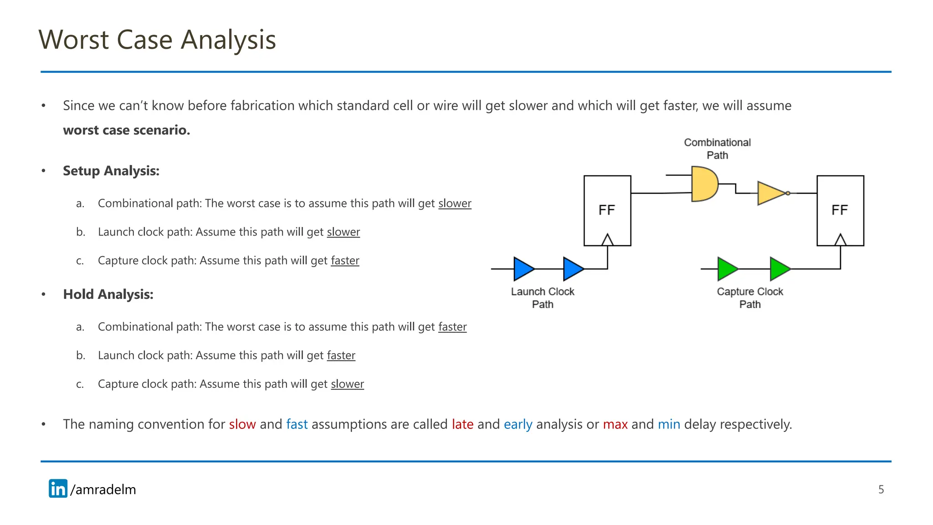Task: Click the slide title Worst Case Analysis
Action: [x=157, y=40]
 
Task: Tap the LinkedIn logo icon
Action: [x=58, y=489]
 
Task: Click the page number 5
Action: [x=881, y=489]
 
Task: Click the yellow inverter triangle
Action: [x=771, y=193]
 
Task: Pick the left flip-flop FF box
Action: [x=607, y=211]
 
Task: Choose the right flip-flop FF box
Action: [x=840, y=211]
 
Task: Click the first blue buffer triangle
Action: [x=523, y=269]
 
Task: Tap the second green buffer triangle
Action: [x=779, y=269]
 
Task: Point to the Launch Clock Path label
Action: [x=543, y=298]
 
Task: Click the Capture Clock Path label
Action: [x=750, y=298]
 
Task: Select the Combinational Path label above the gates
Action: [x=717, y=149]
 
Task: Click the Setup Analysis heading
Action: [x=111, y=171]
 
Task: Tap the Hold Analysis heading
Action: [x=108, y=294]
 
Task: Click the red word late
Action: [x=462, y=424]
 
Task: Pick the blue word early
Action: [x=518, y=424]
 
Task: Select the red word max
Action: [x=615, y=424]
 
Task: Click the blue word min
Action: [x=669, y=424]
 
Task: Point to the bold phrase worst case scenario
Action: [x=126, y=130]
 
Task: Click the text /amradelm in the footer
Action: [x=103, y=489]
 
